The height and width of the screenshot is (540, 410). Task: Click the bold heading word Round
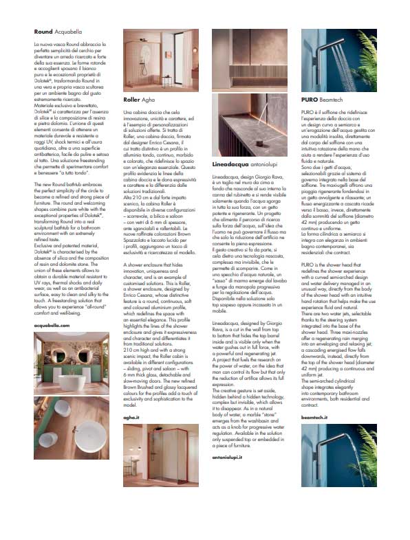44,32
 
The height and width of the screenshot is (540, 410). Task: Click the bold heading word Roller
131,99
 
